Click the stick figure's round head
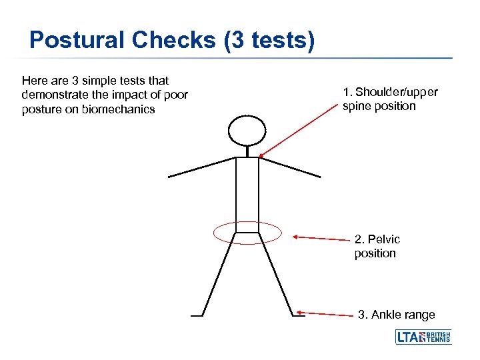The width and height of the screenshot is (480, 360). [247, 130]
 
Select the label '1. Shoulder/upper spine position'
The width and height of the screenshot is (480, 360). [390, 99]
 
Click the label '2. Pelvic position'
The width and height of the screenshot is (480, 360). [377, 246]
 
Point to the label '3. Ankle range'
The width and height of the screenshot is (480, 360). [396, 315]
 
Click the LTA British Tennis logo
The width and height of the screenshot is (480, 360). [423, 337]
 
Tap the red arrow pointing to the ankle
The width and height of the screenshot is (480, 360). [327, 313]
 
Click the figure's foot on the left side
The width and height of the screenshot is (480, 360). [196, 315]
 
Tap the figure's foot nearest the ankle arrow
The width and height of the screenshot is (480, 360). [298, 315]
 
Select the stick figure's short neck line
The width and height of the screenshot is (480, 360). [247, 151]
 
